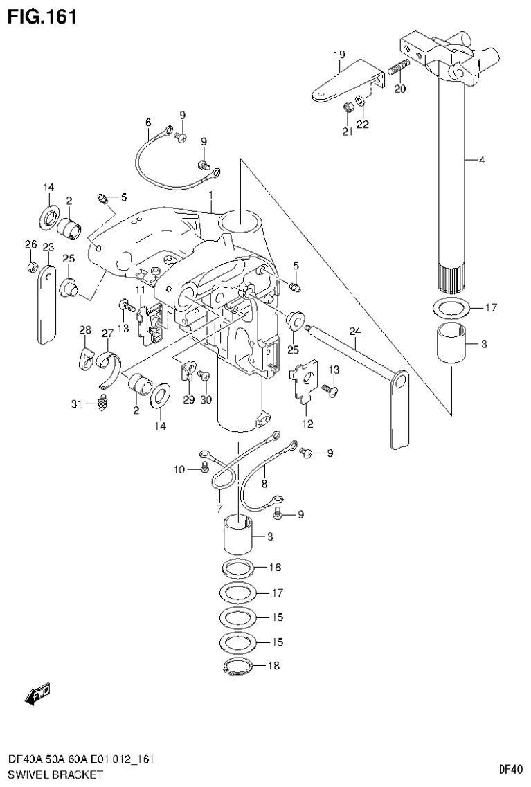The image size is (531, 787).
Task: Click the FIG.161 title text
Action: [42, 15]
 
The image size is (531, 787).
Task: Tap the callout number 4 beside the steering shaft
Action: [481, 161]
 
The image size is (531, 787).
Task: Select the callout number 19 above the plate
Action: [338, 54]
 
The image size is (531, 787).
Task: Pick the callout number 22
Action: [363, 125]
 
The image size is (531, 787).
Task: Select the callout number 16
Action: [275, 568]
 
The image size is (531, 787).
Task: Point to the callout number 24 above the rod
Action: [355, 331]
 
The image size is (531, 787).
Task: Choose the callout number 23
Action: [48, 247]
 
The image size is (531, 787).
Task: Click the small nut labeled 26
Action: [31, 266]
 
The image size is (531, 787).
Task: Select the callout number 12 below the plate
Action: [307, 424]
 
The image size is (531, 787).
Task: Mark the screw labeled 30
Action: [204, 374]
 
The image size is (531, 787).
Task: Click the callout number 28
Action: [84, 331]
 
